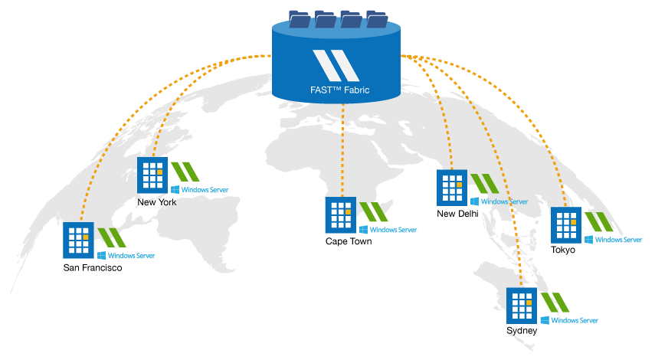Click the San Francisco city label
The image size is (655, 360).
pyautogui.click(x=93, y=268)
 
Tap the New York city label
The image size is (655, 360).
pyautogui.click(x=157, y=202)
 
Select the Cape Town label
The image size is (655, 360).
pyautogui.click(x=349, y=241)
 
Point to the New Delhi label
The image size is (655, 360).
pyautogui.click(x=457, y=214)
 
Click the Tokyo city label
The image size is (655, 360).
pyautogui.click(x=563, y=250)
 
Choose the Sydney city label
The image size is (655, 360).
pyautogui.click(x=522, y=331)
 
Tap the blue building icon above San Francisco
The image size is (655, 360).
pyautogui.click(x=78, y=241)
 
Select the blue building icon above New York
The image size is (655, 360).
pyautogui.click(x=152, y=175)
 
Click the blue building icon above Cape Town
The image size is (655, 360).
pyautogui.click(x=340, y=215)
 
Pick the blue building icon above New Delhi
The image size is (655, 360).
pyautogui.click(x=452, y=188)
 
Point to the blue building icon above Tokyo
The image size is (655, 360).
pyautogui.click(x=566, y=224)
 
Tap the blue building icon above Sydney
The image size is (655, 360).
pyautogui.click(x=522, y=305)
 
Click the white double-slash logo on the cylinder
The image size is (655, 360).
pyautogui.click(x=336, y=64)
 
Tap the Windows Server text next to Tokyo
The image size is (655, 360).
pyautogui.click(x=618, y=240)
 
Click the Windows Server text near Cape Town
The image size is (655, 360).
pyautogui.click(x=393, y=230)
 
